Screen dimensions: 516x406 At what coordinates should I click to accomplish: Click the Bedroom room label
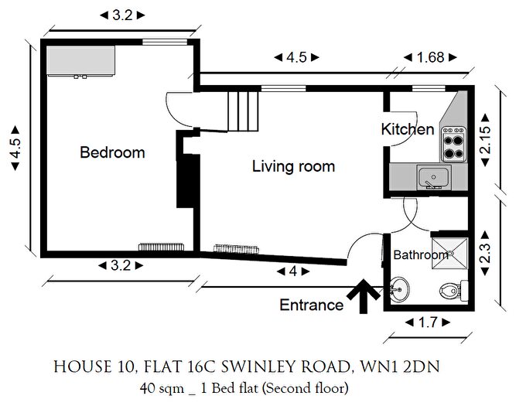click(112, 152)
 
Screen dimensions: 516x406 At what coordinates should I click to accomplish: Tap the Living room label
click(293, 166)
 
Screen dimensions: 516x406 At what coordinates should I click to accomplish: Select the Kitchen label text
click(408, 129)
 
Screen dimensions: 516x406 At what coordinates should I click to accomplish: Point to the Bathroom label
click(421, 255)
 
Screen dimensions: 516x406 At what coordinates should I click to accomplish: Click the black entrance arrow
click(364, 296)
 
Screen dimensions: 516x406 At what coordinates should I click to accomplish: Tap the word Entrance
click(311, 305)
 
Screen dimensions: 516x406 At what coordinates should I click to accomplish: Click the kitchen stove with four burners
click(453, 144)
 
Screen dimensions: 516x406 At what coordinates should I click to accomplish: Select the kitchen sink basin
click(433, 178)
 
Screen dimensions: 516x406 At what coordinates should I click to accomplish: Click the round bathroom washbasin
click(399, 289)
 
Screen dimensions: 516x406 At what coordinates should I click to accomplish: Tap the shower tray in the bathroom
click(449, 254)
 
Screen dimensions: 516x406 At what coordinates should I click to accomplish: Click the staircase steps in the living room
click(243, 111)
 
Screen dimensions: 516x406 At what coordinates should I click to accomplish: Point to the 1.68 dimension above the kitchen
click(430, 57)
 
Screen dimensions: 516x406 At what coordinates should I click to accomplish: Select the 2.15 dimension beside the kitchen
click(485, 141)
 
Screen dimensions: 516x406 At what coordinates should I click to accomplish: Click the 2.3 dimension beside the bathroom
click(485, 253)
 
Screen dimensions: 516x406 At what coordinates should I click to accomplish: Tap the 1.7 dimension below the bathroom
click(428, 322)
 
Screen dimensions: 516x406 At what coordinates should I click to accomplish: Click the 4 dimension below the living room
click(293, 271)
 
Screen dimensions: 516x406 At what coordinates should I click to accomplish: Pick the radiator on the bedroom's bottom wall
click(161, 247)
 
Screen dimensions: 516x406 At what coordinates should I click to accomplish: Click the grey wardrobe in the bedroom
click(81, 60)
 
